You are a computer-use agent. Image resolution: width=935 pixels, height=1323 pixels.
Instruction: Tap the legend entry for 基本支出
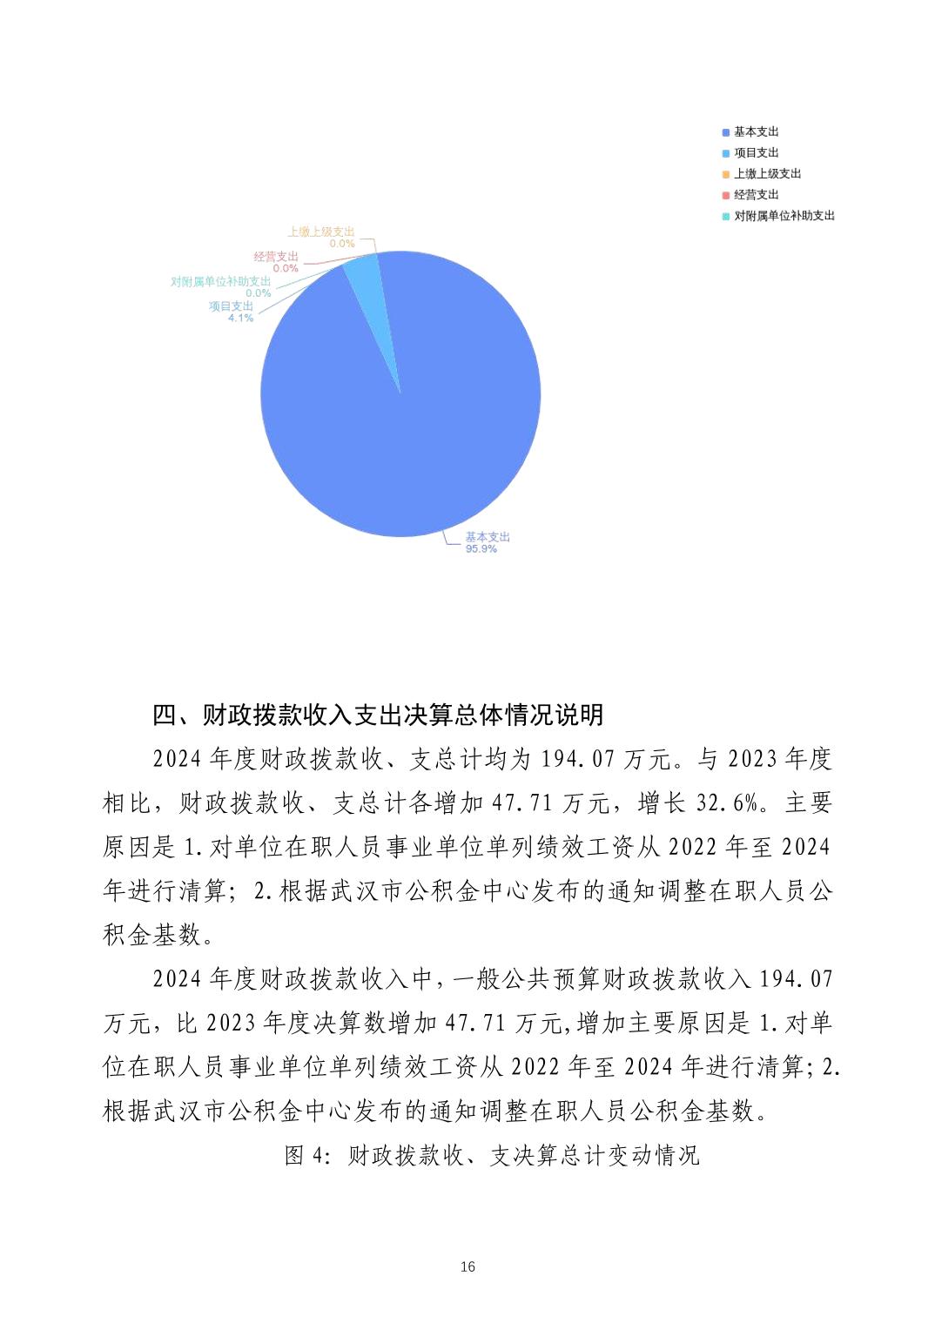756,131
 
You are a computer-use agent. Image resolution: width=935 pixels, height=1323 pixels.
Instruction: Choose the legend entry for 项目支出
756,152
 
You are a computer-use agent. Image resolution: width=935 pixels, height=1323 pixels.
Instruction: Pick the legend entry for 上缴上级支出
767,173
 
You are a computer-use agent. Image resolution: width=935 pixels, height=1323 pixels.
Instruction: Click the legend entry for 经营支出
756,194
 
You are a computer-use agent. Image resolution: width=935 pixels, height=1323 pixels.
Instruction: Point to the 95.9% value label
481,549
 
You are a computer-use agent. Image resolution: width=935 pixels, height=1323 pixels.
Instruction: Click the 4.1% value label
240,318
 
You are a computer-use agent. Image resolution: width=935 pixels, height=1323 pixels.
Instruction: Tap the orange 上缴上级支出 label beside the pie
321,232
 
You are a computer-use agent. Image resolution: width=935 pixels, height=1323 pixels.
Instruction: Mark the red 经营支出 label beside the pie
276,257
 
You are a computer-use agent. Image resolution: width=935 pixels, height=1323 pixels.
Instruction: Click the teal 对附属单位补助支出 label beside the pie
220,282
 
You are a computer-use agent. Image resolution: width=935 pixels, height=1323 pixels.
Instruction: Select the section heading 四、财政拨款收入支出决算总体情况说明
378,715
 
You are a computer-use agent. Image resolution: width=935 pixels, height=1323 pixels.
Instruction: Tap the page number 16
467,1266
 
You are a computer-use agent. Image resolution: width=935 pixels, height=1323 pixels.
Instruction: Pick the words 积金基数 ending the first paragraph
152,935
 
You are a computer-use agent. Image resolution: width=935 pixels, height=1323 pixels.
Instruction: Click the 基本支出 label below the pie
488,537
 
